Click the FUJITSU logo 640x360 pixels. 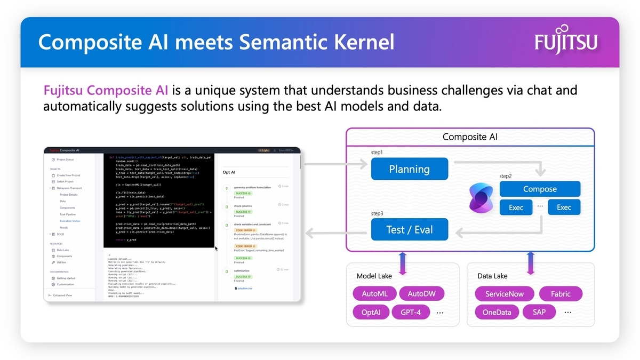click(566, 42)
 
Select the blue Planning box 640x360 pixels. click(410, 169)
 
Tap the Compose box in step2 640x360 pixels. click(540, 189)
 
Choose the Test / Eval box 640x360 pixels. click(410, 230)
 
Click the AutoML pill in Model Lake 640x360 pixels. click(379, 293)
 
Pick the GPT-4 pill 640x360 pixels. click(410, 312)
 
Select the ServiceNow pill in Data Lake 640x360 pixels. click(504, 293)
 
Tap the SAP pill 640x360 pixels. click(539, 312)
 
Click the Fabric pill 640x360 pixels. click(561, 293)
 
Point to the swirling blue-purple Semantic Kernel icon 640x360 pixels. click(479, 198)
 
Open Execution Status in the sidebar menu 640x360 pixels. click(70, 221)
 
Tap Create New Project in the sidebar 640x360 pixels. click(69, 175)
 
